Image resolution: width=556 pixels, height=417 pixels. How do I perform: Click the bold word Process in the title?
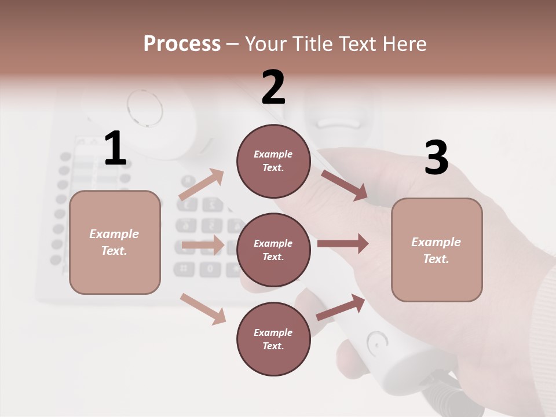click(x=182, y=43)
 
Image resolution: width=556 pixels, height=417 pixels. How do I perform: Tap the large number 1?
click(x=115, y=148)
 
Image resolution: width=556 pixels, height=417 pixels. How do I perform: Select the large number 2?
click(x=273, y=87)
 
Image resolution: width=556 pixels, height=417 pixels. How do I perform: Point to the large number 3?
click(x=436, y=158)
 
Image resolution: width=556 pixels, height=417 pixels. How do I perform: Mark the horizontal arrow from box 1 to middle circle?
click(x=203, y=245)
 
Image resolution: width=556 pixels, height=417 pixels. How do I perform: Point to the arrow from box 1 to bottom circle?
click(x=203, y=308)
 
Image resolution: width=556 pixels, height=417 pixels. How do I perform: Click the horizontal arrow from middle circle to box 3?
click(x=343, y=244)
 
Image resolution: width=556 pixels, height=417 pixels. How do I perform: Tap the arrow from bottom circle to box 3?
click(x=341, y=308)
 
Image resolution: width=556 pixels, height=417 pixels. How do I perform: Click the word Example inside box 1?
click(x=114, y=234)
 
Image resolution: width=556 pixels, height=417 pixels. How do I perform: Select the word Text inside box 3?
click(x=436, y=259)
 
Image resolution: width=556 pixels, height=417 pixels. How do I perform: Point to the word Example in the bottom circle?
click(x=273, y=332)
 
